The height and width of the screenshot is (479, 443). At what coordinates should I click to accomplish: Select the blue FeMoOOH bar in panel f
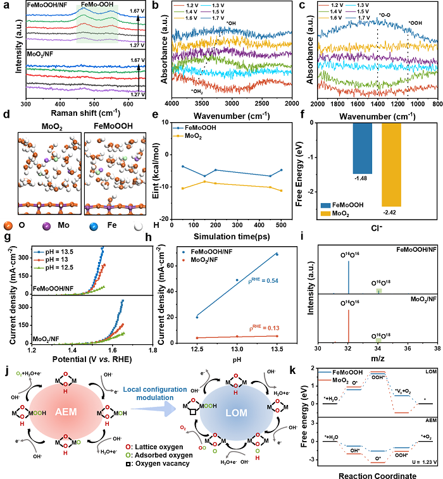362,139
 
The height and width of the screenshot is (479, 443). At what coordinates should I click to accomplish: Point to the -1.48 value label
362,178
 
